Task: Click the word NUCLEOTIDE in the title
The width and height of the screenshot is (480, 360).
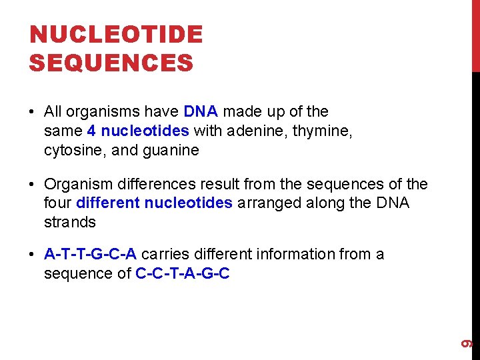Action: [x=116, y=35]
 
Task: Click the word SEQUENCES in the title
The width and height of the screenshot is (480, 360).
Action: [x=111, y=63]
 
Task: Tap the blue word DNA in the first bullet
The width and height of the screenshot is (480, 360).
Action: [x=201, y=112]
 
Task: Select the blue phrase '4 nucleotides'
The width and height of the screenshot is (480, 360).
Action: [x=138, y=131]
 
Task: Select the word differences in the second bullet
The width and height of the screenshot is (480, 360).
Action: [x=146, y=184]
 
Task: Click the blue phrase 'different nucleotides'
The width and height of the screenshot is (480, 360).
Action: [x=155, y=203]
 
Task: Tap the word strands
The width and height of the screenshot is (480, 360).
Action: [x=70, y=223]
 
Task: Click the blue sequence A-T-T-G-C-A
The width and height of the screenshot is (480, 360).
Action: [x=91, y=255]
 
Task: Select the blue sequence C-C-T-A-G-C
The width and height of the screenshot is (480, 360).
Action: [x=183, y=274]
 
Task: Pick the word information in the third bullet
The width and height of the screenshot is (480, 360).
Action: [x=301, y=255]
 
